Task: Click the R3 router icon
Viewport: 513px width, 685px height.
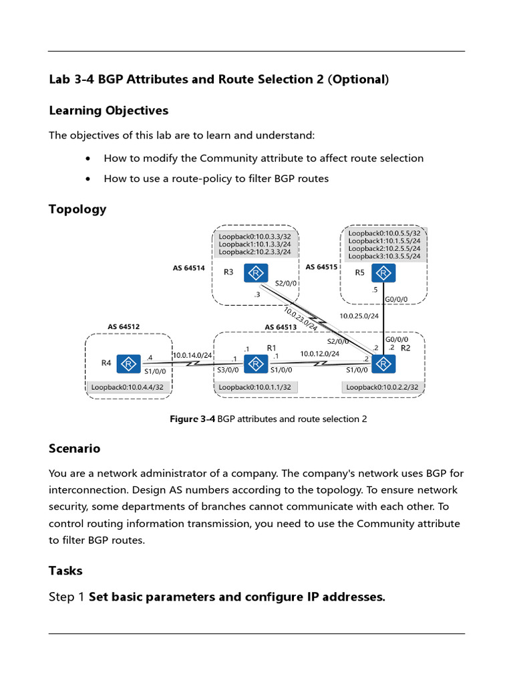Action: pos(256,273)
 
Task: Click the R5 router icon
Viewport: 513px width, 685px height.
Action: pos(383,273)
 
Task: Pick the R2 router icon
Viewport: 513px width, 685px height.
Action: pos(383,363)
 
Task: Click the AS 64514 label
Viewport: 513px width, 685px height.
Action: pos(188,268)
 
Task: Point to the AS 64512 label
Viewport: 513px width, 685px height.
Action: pos(124,327)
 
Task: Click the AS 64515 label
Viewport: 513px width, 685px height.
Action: pos(321,267)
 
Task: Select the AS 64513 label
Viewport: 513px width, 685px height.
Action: pos(281,327)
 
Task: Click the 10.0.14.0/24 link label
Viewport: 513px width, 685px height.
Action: pos(192,355)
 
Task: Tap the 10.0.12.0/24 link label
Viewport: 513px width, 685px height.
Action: pos(319,353)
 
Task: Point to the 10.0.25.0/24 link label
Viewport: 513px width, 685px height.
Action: pos(359,316)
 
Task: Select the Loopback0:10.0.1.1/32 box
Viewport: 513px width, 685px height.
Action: pos(255,387)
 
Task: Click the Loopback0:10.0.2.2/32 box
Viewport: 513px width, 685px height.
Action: pos(382,387)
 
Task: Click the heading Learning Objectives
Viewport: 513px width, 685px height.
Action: pos(108,110)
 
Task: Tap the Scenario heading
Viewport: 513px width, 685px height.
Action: pos(74,448)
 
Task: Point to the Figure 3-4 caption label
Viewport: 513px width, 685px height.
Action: pos(192,419)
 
